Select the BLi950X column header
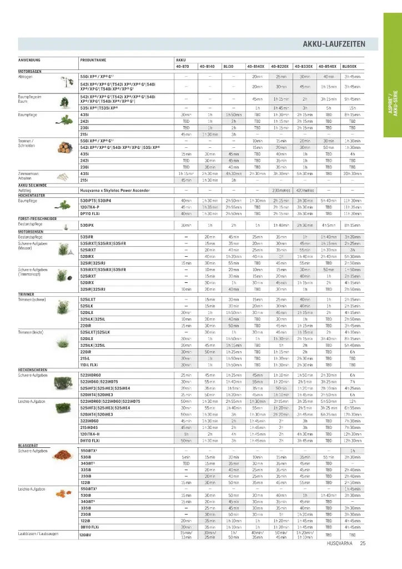tap(349, 66)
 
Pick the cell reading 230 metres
tap(282, 190)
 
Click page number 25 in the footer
tap(362, 543)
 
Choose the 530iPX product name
tap(87, 224)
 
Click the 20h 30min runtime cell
tap(352, 174)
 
